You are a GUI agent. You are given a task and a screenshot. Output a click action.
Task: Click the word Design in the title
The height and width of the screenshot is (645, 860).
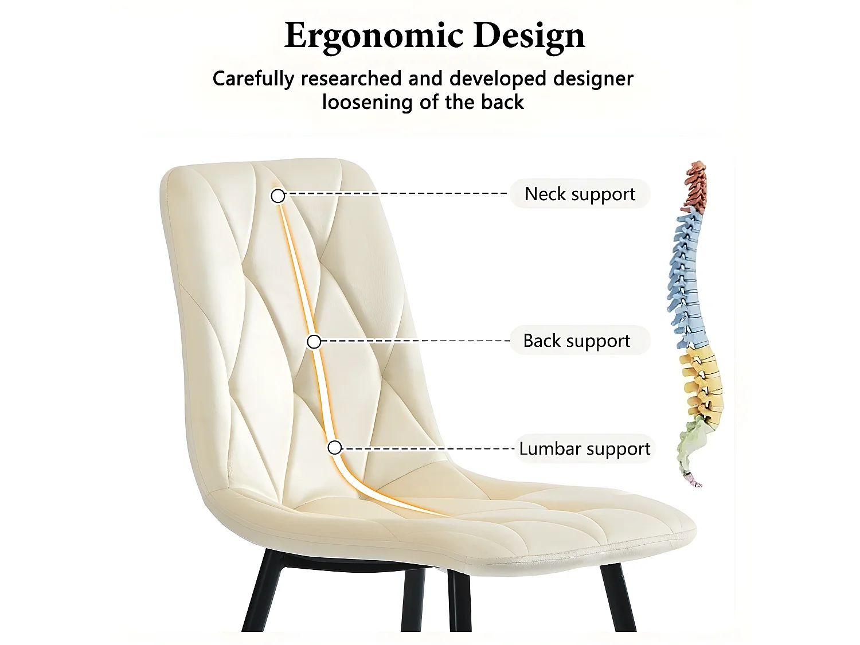click(x=529, y=36)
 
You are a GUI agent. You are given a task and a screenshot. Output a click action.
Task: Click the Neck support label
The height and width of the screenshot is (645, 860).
click(x=580, y=194)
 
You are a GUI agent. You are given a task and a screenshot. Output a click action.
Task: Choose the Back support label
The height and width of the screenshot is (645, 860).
click(x=577, y=341)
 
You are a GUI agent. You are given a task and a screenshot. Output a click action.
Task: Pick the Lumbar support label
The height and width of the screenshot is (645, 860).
click(x=584, y=448)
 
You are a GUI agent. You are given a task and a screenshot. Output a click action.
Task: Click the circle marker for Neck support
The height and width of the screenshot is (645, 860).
click(x=278, y=196)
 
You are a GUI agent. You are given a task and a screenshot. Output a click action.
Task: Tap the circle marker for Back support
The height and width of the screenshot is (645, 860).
click(x=314, y=342)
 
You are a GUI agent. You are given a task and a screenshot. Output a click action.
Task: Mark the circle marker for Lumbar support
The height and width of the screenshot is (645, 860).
click(x=335, y=448)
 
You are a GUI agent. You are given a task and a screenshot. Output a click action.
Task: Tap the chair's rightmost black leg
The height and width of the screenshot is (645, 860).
click(x=617, y=596)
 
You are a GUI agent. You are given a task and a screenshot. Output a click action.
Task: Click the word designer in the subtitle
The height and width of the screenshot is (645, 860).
click(x=593, y=79)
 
